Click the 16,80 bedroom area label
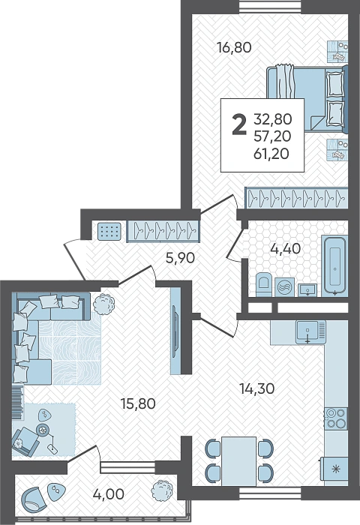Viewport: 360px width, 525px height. (234, 47)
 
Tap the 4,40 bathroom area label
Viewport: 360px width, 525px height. (286, 249)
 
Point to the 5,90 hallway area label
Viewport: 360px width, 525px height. (180, 258)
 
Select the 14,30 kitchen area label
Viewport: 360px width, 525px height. (257, 388)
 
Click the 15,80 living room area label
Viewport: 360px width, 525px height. (138, 403)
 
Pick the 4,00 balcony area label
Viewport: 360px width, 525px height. (109, 494)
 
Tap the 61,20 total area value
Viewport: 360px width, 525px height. (271, 154)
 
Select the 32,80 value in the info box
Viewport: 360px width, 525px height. (272, 118)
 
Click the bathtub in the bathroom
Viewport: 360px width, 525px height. (334, 265)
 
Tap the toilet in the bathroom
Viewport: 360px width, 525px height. (263, 285)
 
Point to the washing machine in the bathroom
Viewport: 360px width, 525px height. (284, 287)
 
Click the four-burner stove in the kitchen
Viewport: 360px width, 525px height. (336, 418)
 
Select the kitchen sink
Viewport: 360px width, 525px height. (310, 331)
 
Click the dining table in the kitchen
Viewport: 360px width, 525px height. (238, 461)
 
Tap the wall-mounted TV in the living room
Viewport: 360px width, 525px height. (175, 331)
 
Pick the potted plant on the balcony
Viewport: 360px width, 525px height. (162, 490)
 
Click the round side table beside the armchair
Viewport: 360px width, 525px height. (43, 430)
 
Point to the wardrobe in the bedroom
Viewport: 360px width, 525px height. (296, 197)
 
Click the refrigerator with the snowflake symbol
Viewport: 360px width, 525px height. (334, 469)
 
